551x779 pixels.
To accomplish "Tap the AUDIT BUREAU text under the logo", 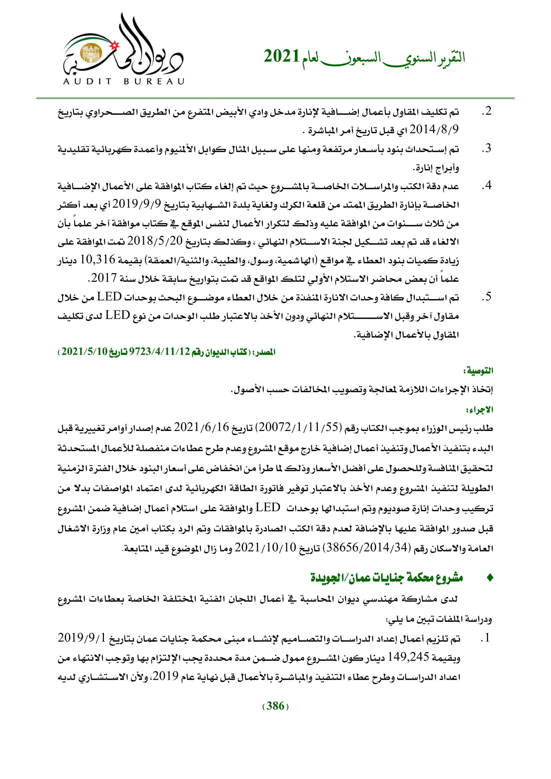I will point(124,81).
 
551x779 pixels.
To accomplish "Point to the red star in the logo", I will point(115,44).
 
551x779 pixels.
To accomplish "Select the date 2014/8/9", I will point(434,129).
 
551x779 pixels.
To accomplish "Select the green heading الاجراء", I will point(479,410).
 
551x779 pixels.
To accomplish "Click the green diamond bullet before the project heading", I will point(490,578).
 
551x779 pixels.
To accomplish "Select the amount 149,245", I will point(408,657).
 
